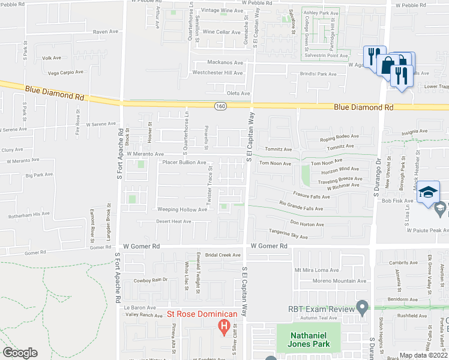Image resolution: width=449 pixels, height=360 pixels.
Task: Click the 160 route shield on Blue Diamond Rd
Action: (220, 106)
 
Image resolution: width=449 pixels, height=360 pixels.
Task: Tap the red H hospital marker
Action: (223, 327)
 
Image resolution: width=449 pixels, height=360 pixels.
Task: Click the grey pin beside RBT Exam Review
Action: (362, 308)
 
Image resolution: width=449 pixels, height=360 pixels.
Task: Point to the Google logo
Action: (20, 352)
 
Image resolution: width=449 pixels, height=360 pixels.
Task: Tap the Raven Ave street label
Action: (106, 32)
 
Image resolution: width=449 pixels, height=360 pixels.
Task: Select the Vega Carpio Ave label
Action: (65, 72)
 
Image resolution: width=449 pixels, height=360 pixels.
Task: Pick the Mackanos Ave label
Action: (225, 62)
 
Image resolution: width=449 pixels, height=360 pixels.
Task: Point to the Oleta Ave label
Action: (238, 93)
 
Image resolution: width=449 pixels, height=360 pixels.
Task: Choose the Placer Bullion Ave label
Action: (184, 162)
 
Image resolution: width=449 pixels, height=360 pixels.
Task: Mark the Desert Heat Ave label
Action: (173, 221)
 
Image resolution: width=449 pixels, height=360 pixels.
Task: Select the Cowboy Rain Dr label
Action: (150, 280)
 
